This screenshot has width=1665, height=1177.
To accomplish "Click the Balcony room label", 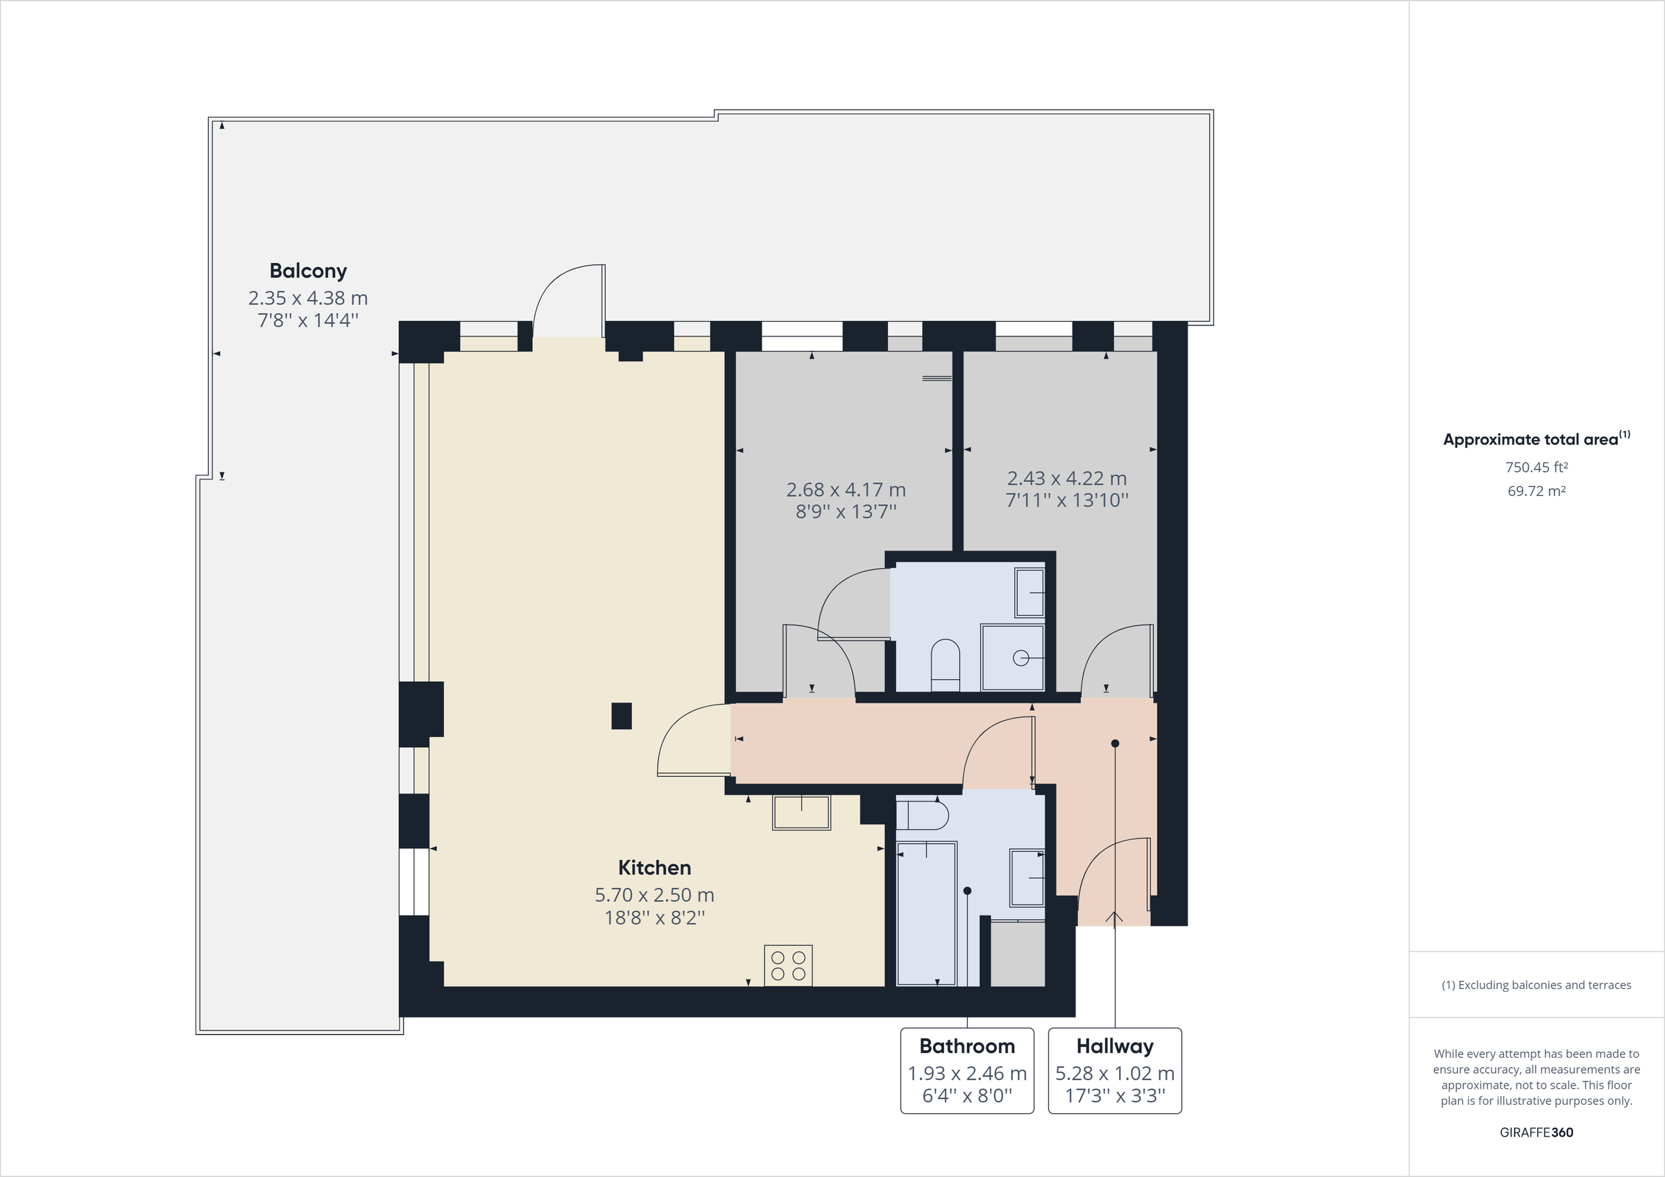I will (307, 270).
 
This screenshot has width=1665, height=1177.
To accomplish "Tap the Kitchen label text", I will (654, 868).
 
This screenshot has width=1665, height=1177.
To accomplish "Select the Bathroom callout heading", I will (966, 1046).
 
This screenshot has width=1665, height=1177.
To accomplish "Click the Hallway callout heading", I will (1115, 1046).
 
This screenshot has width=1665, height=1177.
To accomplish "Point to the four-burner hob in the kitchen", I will (788, 965).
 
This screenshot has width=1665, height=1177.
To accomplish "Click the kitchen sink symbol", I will (801, 812).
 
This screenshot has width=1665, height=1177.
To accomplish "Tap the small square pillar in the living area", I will (622, 716).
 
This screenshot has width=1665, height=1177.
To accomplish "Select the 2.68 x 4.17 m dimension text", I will (846, 490).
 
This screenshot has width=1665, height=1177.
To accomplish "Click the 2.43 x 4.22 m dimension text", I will (1067, 479).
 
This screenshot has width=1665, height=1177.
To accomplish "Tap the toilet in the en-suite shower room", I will (945, 664).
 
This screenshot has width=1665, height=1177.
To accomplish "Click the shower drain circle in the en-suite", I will (1021, 658).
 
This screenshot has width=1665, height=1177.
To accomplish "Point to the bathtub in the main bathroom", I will (927, 913).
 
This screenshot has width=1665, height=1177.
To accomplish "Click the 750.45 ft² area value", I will (1536, 467).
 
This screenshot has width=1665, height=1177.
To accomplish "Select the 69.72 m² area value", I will (1536, 491).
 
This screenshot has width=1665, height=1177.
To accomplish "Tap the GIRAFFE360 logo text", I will (1536, 1132).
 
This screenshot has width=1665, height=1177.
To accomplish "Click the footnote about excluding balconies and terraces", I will (1536, 985).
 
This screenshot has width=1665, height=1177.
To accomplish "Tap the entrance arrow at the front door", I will (1115, 918).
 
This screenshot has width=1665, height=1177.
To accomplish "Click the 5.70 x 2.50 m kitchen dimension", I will (654, 895).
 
